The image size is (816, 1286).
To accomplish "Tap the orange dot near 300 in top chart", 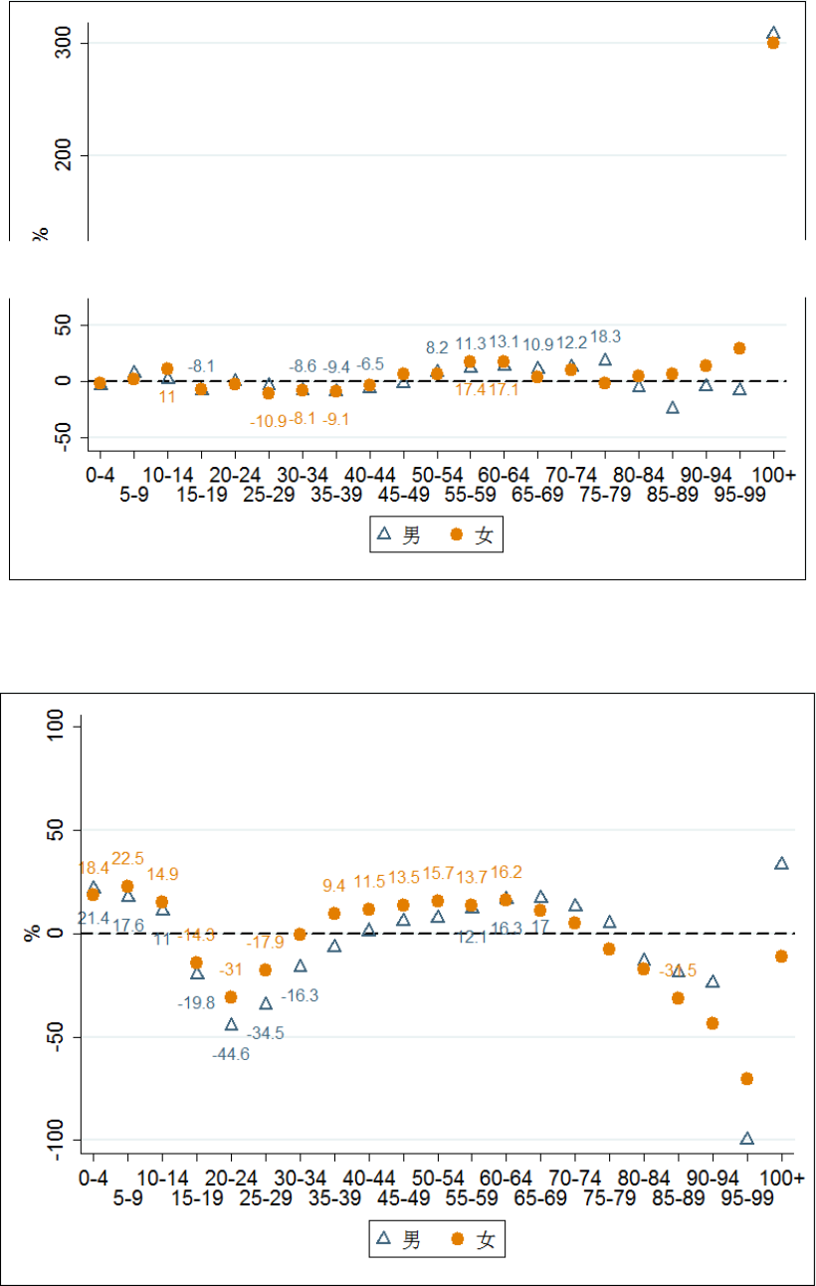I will [773, 43].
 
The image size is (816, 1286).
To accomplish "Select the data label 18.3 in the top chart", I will [606, 337].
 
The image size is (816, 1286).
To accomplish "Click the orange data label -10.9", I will [268, 420].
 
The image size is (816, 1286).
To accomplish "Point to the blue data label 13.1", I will [505, 344].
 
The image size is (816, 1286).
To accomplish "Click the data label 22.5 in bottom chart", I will [128, 858].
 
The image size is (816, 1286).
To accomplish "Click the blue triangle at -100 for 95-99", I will [746, 1138].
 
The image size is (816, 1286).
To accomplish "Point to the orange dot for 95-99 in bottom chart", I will [746, 1078].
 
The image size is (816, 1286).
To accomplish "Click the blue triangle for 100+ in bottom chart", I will [781, 863].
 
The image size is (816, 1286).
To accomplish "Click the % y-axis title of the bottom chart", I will [34, 934].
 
